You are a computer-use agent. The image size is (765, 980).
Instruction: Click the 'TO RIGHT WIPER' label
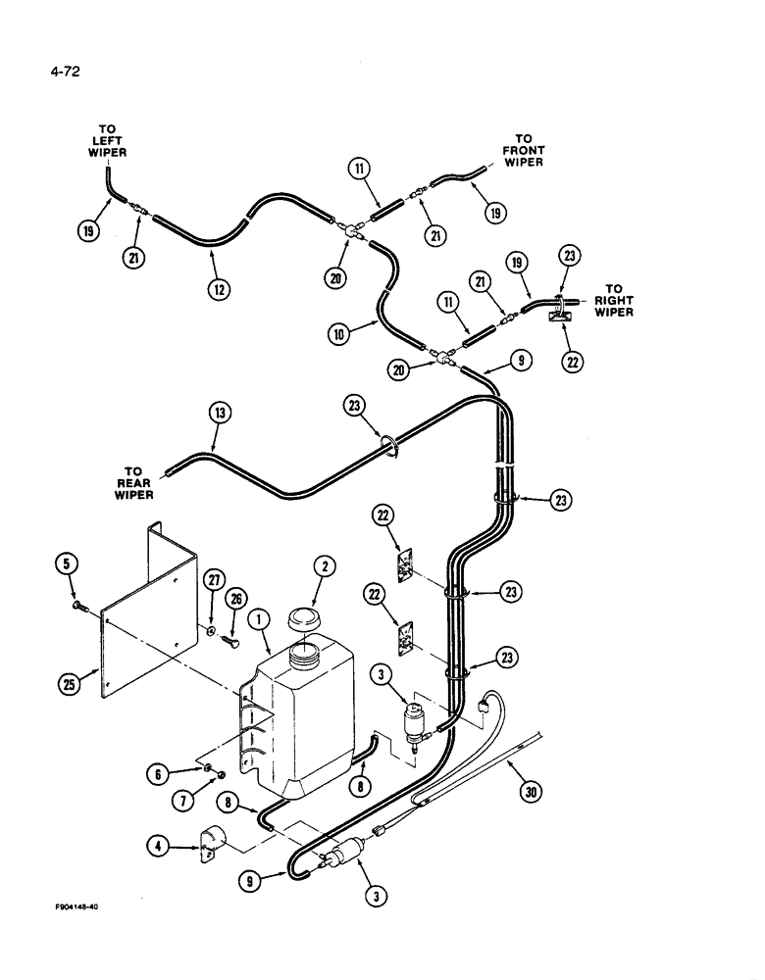[x=613, y=301]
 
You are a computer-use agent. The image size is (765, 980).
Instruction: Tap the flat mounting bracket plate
[x=147, y=627]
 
